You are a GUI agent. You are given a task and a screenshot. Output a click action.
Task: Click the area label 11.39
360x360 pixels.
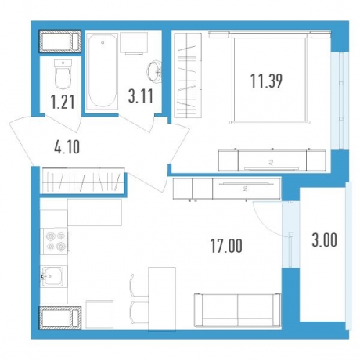point(266,81)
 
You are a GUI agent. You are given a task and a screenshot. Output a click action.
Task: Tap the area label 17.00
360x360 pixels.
point(226,246)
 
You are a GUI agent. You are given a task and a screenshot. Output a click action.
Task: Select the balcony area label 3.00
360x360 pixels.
point(324,240)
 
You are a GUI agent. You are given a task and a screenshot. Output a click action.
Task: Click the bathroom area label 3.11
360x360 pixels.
point(141,95)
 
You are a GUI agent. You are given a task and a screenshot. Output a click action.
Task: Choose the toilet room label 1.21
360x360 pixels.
point(63,102)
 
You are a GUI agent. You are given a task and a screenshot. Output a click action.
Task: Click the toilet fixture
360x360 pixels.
point(63,74)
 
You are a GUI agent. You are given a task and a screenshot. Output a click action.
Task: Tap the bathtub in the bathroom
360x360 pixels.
point(102,71)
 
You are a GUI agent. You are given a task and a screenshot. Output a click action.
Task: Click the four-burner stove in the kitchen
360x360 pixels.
point(56,242)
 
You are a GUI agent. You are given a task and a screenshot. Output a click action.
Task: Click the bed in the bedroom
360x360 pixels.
point(270,77)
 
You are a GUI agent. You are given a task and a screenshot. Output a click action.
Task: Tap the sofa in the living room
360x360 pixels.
point(237,310)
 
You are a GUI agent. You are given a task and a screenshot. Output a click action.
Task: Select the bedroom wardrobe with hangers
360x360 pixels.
point(188,75)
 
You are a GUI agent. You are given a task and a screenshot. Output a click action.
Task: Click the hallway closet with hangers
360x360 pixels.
point(83,181)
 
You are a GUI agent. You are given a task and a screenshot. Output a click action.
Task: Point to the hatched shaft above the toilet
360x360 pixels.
point(60,41)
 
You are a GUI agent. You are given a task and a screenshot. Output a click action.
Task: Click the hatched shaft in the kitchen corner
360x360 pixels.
point(60,318)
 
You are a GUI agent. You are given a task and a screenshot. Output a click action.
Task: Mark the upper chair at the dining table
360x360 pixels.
point(139,285)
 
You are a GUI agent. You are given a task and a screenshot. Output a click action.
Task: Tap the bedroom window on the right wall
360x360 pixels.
point(340,100)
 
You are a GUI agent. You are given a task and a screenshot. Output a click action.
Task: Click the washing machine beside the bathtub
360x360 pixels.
point(134,43)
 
